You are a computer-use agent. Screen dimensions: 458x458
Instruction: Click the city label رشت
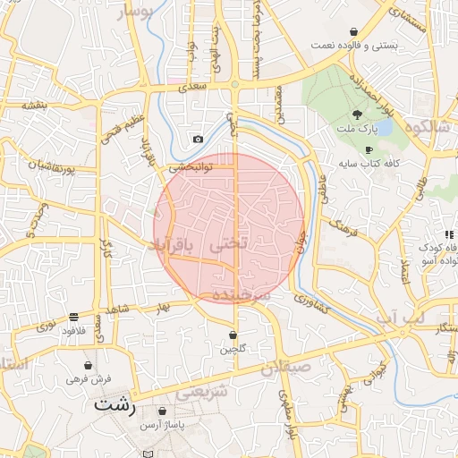point(115,405)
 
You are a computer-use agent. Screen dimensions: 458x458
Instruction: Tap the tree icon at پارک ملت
point(358,114)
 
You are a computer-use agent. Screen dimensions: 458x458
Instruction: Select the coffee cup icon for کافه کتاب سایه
point(369,149)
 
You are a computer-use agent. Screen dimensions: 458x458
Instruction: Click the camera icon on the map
point(198,139)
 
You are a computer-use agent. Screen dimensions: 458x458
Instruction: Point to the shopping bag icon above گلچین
point(233,335)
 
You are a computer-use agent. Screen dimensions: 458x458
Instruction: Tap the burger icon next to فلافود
point(73,316)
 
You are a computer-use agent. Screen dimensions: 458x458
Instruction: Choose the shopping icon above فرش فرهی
point(88,366)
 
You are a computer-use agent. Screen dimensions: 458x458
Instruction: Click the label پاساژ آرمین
point(161,424)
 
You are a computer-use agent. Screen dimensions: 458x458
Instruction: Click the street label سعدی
point(192,88)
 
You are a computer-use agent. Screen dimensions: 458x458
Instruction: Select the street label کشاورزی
point(316,305)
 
